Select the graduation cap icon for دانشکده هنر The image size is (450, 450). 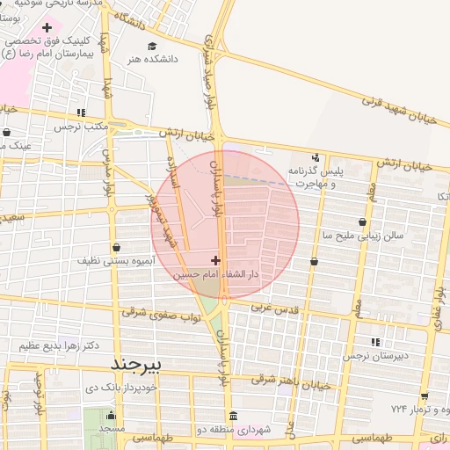153,46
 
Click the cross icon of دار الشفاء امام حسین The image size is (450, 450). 216,260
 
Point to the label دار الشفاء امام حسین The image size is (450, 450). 217,274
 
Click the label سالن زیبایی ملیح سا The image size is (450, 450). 362,236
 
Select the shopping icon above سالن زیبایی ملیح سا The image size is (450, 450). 362,221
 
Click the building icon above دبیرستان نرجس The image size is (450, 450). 376,342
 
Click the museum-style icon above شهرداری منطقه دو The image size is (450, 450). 232,416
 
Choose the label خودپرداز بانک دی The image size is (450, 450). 121,387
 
